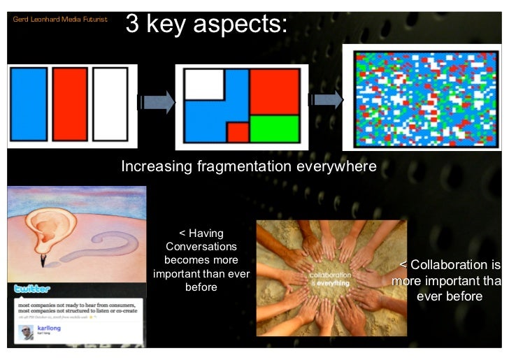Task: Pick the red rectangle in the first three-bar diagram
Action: [x=70, y=104]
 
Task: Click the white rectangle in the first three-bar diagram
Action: [x=110, y=104]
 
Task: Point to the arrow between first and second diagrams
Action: [x=155, y=103]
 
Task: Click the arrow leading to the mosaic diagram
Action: [x=326, y=100]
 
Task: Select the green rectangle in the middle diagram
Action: [x=274, y=129]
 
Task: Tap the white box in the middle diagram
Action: [x=203, y=85]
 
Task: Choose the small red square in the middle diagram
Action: [x=238, y=131]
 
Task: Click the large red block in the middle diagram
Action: [x=274, y=90]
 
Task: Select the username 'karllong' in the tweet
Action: [x=50, y=326]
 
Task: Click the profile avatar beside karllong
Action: [x=27, y=330]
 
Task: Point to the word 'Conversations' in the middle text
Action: [x=201, y=246]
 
